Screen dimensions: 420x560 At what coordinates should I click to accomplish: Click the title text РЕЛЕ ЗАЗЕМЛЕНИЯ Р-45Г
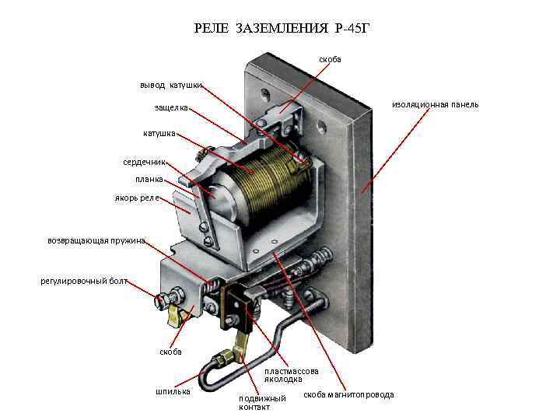[280, 30]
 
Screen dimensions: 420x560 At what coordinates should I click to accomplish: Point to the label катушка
[159, 134]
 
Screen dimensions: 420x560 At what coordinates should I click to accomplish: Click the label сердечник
[144, 163]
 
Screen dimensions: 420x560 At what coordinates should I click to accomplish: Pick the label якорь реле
[138, 198]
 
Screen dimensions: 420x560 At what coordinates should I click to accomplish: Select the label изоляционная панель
[435, 104]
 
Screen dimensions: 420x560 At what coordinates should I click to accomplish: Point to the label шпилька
[173, 390]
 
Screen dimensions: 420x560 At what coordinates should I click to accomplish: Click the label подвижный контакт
[262, 402]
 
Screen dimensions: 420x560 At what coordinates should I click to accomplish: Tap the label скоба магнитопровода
[348, 395]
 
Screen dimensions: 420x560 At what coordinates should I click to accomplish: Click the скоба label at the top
[330, 59]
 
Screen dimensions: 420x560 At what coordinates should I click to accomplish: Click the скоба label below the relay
[170, 352]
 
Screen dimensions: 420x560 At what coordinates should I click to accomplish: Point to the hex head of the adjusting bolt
[165, 300]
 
